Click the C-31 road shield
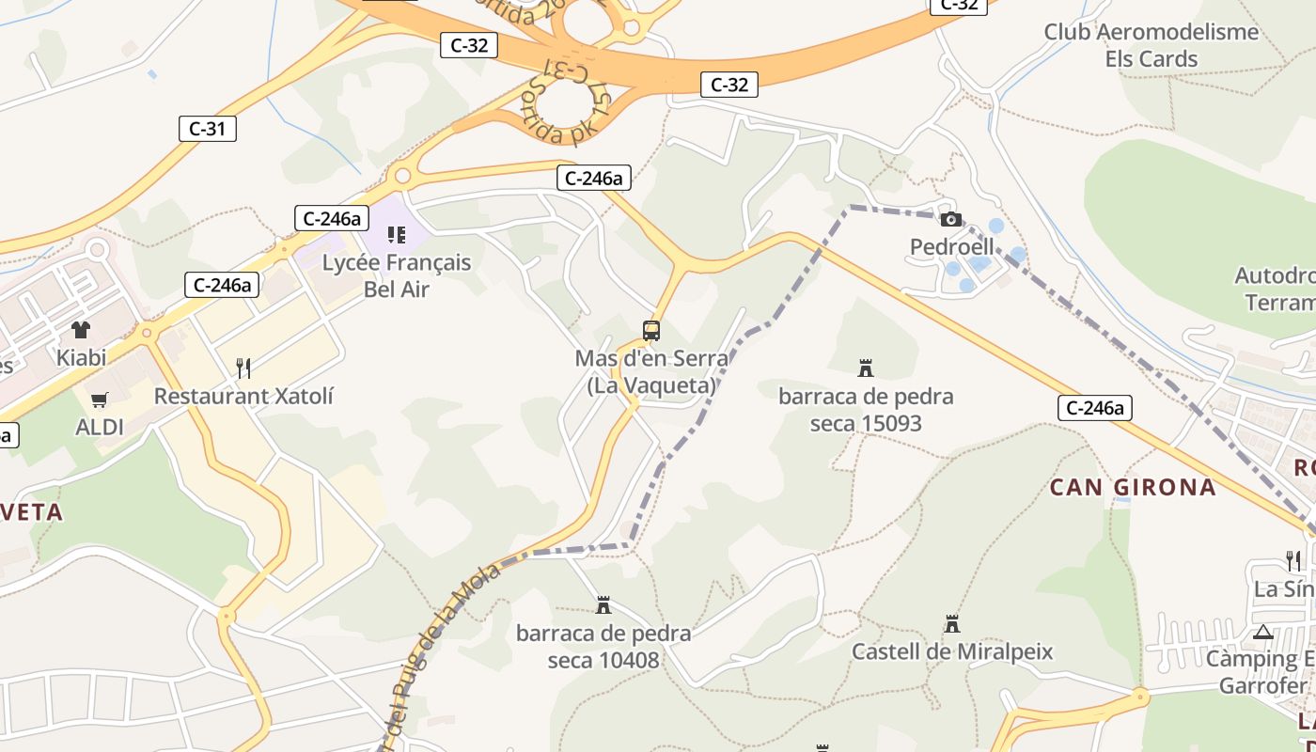207,129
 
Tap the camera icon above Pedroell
950,219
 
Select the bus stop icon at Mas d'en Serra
651,331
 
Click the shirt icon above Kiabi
81,330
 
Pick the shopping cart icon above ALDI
100,399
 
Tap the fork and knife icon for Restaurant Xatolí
243,368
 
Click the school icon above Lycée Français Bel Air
397,234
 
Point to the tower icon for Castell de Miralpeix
952,624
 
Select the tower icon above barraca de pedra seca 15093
866,368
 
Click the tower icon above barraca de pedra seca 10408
603,605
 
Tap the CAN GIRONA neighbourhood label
1133,487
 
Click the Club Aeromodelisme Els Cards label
1151,45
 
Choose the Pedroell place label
951,247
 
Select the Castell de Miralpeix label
952,651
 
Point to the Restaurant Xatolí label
243,396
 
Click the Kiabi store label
81,357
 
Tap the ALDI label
100,427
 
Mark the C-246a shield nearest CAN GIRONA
1094,408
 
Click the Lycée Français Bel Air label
397,275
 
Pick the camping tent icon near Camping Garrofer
1263,632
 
